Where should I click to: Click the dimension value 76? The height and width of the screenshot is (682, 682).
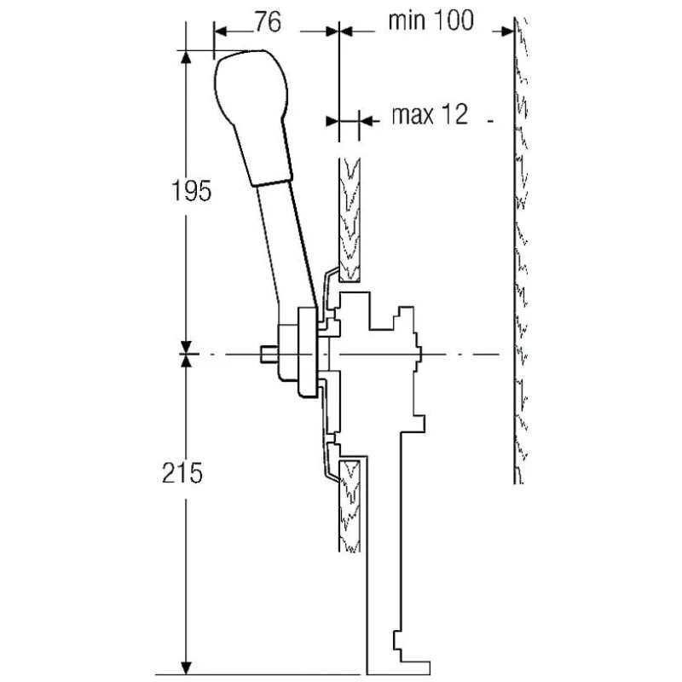click(268, 22)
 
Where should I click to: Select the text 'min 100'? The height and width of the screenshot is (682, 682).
click(431, 20)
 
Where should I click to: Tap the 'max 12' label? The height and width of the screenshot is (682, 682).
click(430, 115)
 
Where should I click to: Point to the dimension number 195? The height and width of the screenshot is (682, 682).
click(191, 190)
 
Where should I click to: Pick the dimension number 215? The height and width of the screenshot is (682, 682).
click(182, 472)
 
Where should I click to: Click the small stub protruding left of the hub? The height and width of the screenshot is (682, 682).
click(269, 354)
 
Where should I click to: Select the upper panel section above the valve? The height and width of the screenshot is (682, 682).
click(350, 220)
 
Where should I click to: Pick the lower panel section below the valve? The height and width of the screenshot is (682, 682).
click(350, 506)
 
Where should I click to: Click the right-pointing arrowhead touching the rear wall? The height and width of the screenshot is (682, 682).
click(506, 32)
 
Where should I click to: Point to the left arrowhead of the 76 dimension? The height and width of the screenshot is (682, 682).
click(221, 32)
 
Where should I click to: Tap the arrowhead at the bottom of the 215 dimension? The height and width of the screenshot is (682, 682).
click(186, 668)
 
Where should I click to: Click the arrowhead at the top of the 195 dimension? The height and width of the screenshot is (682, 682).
click(186, 58)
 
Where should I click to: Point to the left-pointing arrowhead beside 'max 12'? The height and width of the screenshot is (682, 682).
click(367, 120)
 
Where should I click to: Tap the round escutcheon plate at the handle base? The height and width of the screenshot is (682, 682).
click(308, 352)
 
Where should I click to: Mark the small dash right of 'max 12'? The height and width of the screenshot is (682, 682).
click(490, 121)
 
